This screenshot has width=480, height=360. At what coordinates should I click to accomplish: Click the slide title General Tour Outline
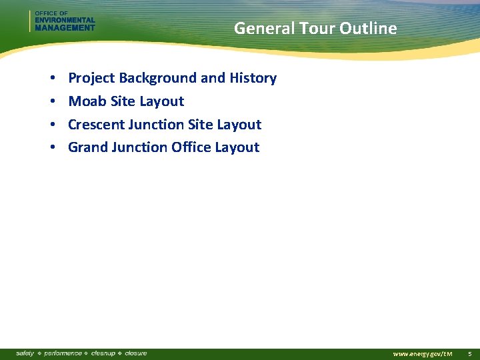point(315,29)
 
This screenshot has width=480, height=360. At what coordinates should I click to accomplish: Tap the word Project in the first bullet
point(92,79)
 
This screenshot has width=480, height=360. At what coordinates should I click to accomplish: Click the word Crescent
point(95,125)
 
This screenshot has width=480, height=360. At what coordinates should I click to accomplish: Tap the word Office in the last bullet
point(191,147)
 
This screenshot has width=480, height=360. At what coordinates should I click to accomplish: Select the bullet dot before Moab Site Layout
point(52,102)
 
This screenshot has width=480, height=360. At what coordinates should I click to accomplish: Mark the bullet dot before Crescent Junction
point(52,125)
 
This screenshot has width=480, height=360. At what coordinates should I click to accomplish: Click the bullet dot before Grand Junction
point(52,148)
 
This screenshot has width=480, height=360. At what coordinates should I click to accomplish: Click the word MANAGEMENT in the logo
point(65,28)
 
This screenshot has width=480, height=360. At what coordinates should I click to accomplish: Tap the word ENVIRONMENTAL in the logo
point(65,21)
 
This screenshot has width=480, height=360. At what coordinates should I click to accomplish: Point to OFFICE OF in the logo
point(51,13)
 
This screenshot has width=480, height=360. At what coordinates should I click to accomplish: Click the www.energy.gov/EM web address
point(423,353)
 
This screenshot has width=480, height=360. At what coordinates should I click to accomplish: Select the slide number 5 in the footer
point(469,353)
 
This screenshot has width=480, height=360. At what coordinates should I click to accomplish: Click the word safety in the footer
point(25,353)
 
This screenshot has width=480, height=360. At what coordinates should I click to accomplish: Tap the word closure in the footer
point(135,353)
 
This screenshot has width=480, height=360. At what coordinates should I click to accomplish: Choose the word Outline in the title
point(368,29)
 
